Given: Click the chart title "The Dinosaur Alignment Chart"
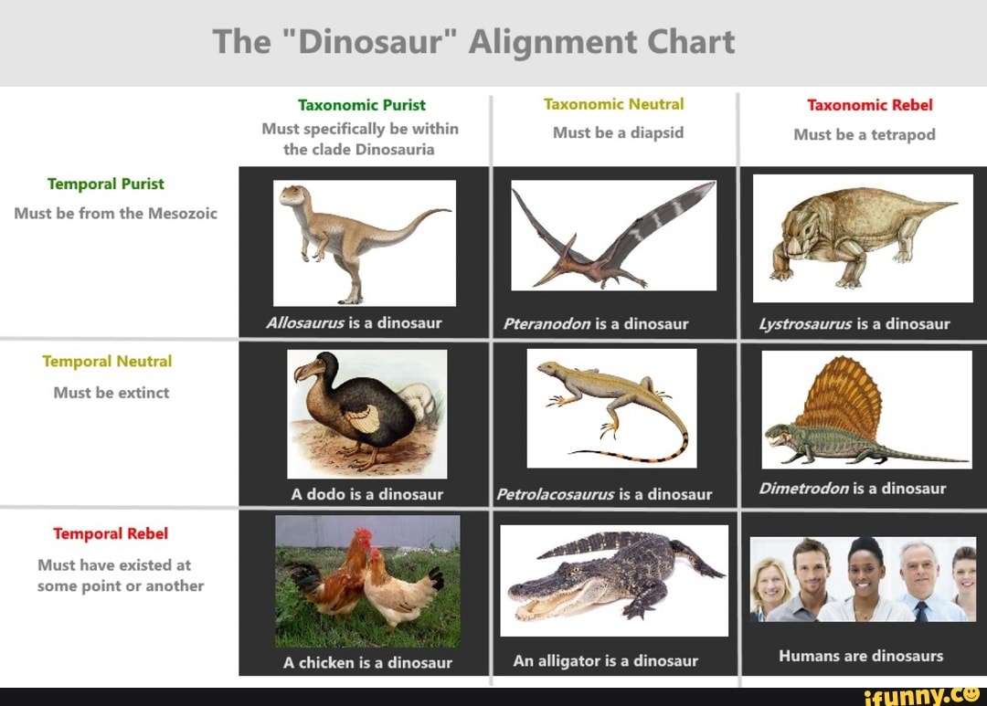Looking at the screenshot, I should click(473, 42).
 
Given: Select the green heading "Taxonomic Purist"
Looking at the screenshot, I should click(361, 105).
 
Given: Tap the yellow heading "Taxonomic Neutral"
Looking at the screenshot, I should click(613, 104).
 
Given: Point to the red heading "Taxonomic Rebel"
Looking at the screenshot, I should click(869, 105).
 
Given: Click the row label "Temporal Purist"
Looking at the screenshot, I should click(105, 184).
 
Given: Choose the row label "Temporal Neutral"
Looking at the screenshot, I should click(107, 362).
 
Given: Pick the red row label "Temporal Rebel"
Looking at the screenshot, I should click(111, 533).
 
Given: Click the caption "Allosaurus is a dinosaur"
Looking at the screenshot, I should click(354, 323).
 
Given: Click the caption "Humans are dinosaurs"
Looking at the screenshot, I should click(860, 656).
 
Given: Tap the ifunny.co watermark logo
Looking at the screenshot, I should click(925, 696).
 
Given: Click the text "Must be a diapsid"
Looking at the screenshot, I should click(618, 132).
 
